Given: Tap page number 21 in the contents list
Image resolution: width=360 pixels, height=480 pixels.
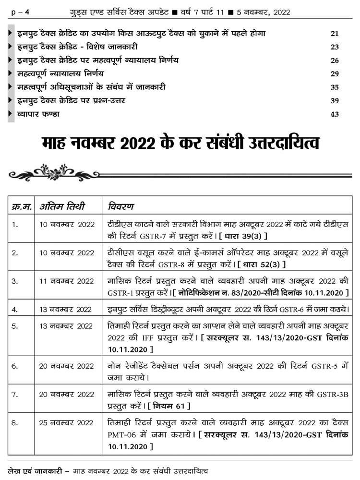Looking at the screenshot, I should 335,34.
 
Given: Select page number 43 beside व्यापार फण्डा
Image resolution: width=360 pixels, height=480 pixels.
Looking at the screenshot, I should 335,114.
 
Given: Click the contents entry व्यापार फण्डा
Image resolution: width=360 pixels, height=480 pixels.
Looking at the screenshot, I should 38,114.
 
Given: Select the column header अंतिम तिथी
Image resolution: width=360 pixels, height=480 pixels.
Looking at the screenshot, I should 62,207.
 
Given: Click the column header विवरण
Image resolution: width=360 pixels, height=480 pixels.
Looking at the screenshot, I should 120,207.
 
